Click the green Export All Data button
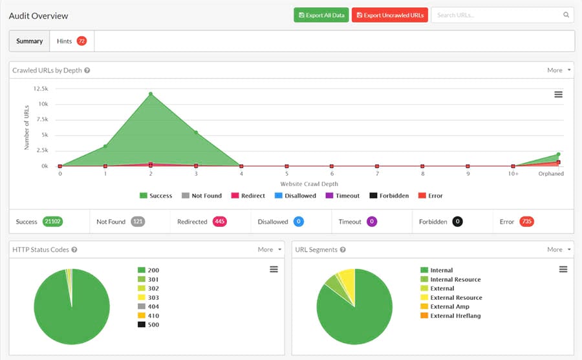pos(321,15)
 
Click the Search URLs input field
pos(498,15)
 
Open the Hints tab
pos(64,41)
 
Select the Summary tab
pos(29,41)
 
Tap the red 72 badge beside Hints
pos(81,41)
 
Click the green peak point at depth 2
pos(151,94)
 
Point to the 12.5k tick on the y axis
pos(39,89)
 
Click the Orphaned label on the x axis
pos(552,174)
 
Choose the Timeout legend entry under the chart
pos(343,195)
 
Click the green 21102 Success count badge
pos(52,222)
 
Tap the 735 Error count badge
pos(526,222)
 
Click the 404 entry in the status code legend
pos(153,306)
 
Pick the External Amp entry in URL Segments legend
pos(449,306)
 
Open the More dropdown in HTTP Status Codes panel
pos(270,249)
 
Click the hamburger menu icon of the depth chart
pos(558,94)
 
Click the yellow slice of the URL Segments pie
pos(348,278)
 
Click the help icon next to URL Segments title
pos(343,249)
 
